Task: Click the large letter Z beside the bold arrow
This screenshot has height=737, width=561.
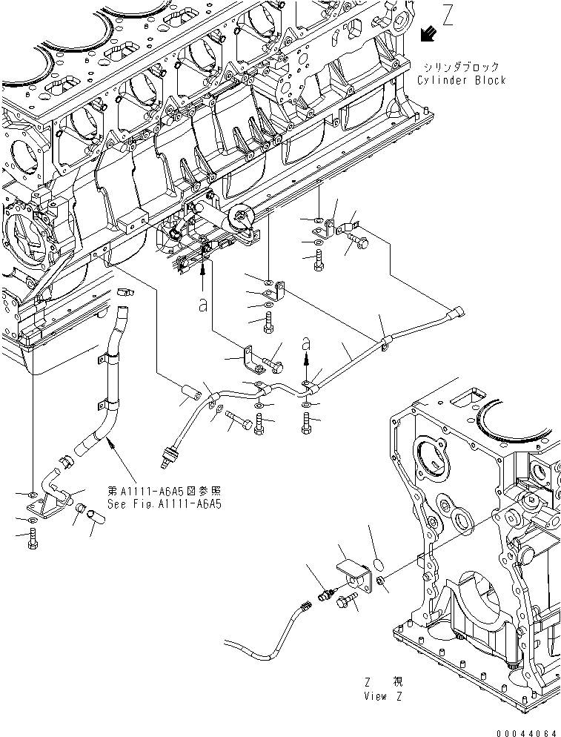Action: point(447,16)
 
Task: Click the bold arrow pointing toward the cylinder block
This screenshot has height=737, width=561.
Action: point(426,34)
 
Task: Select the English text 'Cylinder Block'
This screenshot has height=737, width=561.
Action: point(461,80)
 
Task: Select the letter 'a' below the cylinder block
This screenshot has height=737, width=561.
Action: point(202,305)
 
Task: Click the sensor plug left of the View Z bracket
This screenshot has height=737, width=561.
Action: point(324,594)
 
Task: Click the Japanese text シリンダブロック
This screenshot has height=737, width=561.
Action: point(461,67)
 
